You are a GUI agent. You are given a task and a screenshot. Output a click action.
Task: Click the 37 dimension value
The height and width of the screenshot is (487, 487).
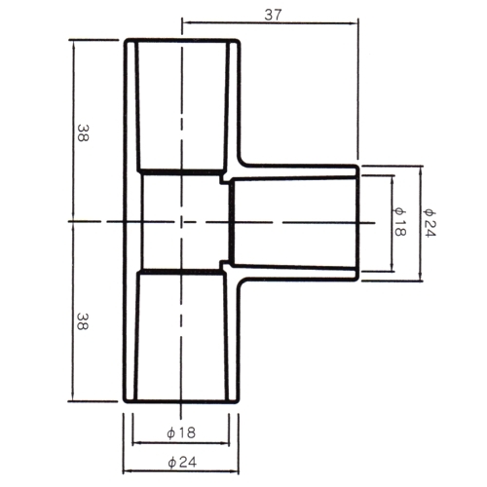pyautogui.click(x=273, y=15)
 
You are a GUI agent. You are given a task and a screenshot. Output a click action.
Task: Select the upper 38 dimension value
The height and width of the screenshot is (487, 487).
pyautogui.click(x=83, y=132)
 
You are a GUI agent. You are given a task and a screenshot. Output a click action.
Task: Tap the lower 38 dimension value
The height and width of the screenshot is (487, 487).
pyautogui.click(x=83, y=321)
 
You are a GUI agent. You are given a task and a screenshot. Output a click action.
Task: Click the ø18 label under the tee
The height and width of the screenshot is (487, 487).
pyautogui.click(x=181, y=432)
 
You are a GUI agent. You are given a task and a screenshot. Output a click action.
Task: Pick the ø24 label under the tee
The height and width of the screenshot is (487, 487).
pyautogui.click(x=182, y=462)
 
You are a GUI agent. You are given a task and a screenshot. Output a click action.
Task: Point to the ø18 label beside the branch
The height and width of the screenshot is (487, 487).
pyautogui.click(x=399, y=222)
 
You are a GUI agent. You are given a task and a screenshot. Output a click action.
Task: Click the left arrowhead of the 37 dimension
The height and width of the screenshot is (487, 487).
pyautogui.click(x=186, y=22)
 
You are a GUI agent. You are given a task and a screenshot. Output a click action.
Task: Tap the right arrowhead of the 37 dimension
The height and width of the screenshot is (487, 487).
pyautogui.click(x=355, y=22)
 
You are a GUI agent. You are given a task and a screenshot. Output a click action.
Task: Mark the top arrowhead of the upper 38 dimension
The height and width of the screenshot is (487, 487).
pyautogui.click(x=73, y=44)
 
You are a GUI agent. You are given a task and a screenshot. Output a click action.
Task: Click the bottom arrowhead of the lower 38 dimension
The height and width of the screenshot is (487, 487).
pyautogui.click(x=73, y=396)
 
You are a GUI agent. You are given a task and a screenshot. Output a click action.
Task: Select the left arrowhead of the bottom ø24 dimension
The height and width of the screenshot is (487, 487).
pyautogui.click(x=128, y=470)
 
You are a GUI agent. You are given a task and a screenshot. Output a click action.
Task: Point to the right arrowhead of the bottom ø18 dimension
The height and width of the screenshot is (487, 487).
pyautogui.click(x=225, y=442)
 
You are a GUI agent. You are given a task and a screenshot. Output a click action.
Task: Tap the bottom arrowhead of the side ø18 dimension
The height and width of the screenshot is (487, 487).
pyautogui.click(x=393, y=267)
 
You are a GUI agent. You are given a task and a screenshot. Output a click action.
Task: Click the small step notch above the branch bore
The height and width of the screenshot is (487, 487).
pyautogui.click(x=224, y=179)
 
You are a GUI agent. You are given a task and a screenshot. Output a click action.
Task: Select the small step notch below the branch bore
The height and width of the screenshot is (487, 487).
pyautogui.click(x=224, y=265)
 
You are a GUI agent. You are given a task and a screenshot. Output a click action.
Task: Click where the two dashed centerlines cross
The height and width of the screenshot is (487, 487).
pyautogui.click(x=181, y=222)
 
